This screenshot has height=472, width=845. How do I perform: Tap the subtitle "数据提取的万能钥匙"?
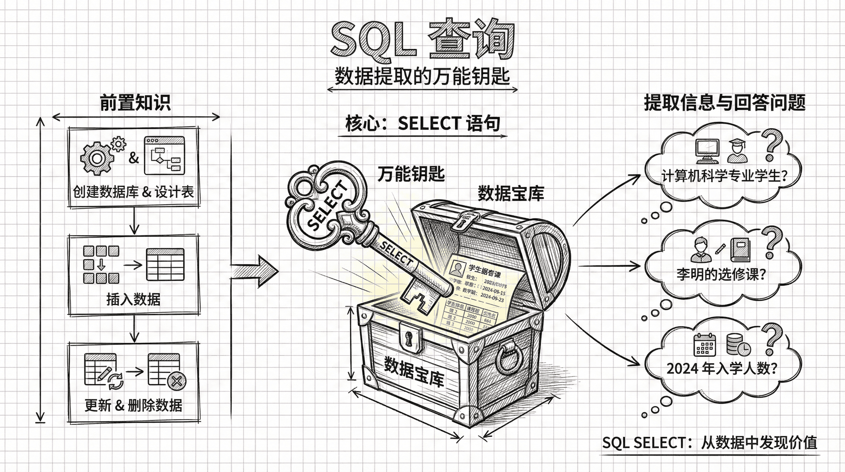422,76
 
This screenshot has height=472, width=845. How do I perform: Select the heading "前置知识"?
135,103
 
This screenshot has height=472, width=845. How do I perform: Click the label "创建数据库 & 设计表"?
133,192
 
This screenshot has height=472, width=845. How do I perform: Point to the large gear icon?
96,158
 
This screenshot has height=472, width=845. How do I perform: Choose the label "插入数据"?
133,299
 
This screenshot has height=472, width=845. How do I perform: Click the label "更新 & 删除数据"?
133,405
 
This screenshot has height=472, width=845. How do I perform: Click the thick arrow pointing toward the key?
255,271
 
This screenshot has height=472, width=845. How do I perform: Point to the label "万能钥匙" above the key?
411,174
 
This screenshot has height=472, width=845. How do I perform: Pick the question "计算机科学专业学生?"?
724,176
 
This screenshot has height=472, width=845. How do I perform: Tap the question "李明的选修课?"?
721,274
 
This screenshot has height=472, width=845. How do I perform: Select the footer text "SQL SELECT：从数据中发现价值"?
709,442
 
